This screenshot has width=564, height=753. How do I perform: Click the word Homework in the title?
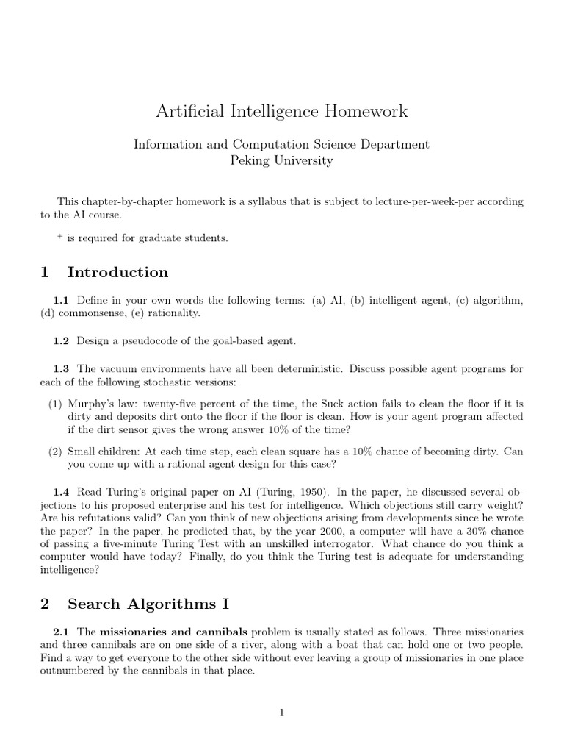[366, 112]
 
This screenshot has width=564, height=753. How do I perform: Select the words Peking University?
[281, 160]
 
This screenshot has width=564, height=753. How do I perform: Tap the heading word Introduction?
[117, 272]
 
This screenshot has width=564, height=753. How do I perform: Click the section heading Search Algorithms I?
[148, 604]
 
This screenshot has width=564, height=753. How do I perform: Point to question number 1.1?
[60, 301]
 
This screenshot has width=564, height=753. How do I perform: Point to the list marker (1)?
[55, 404]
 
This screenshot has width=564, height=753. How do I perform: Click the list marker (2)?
[55, 452]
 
